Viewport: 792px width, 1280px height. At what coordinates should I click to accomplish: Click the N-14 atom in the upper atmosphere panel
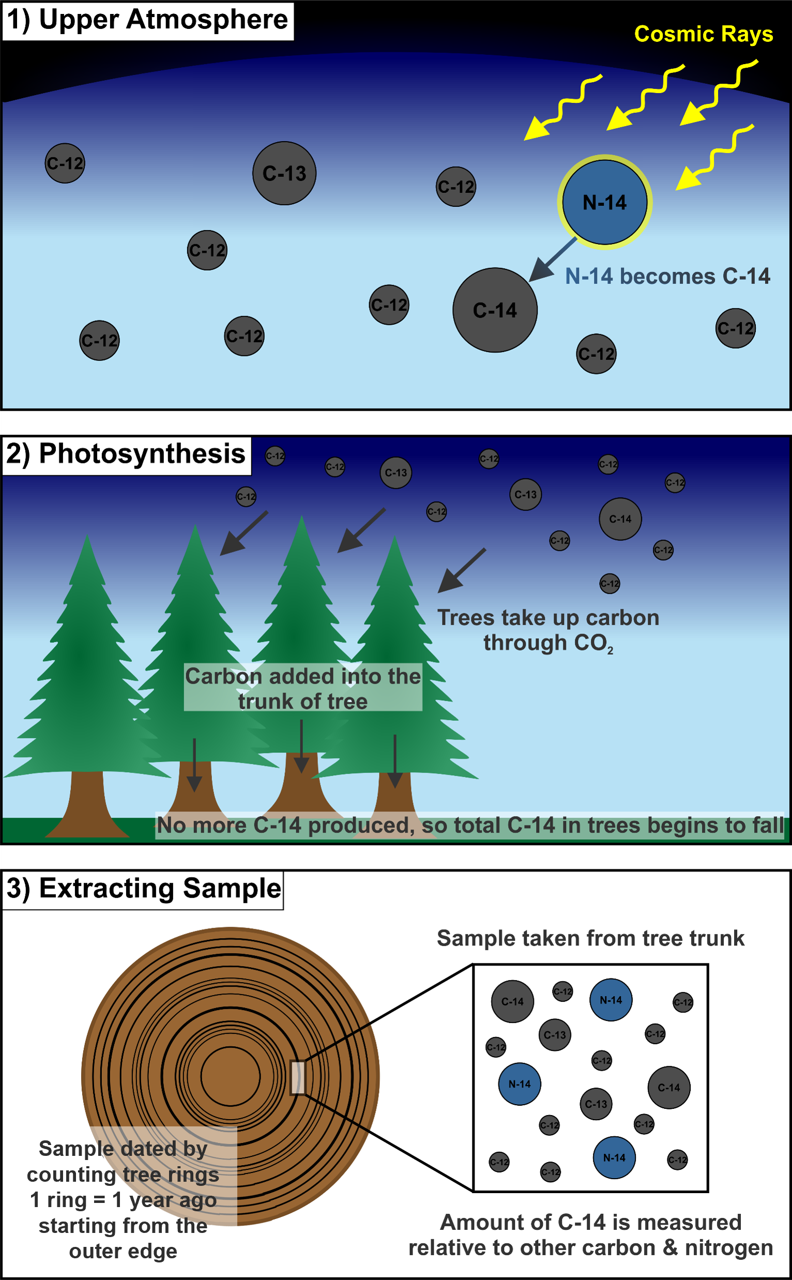604,202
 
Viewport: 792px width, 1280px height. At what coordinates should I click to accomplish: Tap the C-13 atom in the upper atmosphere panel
284,173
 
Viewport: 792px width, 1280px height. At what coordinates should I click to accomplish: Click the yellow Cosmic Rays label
703,34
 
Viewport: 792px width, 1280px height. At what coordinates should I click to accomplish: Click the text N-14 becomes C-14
667,276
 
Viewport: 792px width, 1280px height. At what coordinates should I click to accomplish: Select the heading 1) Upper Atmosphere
147,20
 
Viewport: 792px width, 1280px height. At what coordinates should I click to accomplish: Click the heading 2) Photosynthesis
126,454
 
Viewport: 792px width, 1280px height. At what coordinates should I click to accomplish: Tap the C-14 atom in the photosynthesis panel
620,519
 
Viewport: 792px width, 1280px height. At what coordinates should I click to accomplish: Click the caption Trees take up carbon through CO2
548,630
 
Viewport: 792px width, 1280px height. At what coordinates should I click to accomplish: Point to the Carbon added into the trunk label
303,688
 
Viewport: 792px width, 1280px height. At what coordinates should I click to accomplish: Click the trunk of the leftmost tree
87,802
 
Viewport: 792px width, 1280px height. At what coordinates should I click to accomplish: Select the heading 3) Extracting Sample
143,889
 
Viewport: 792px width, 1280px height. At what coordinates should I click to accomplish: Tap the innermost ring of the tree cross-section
231,1077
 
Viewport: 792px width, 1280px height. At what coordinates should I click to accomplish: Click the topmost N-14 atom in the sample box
611,1000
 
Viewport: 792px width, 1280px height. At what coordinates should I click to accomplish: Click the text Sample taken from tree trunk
590,938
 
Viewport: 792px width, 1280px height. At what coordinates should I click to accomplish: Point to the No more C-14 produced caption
470,825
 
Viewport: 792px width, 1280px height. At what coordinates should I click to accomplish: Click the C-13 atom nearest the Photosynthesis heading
395,473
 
